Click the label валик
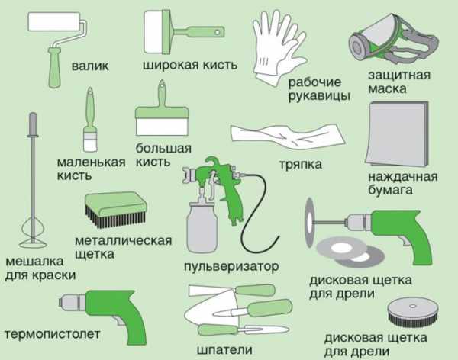[90, 66]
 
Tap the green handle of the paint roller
[56, 67]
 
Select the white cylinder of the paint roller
[54, 21]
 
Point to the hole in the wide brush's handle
[218, 31]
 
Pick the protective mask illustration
[393, 40]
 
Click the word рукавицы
[319, 96]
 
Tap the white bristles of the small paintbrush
[90, 144]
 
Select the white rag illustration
[288, 137]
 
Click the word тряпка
[301, 165]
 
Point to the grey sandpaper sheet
[397, 133]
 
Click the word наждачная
[403, 177]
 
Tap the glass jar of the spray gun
[202, 228]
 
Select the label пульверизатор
[231, 267]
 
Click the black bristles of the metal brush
[116, 217]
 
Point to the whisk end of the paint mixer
[32, 233]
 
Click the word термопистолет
[53, 334]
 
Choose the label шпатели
[224, 350]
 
